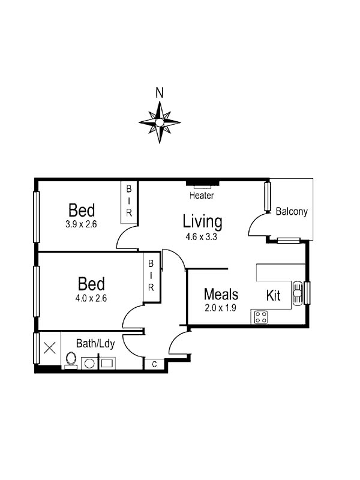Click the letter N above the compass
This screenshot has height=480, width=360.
click(160, 92)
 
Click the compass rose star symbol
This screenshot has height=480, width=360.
click(160, 122)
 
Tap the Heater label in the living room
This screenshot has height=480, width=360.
click(202, 196)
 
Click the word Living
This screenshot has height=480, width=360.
click(202, 221)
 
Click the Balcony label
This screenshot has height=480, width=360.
click(292, 211)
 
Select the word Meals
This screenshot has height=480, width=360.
click(221, 295)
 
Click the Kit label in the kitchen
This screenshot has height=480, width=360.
click(274, 295)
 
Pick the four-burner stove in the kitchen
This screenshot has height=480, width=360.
click(260, 317)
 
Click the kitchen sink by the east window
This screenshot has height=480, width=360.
click(298, 292)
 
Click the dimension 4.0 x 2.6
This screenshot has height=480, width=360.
click(91, 297)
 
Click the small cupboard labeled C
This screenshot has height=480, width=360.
click(154, 364)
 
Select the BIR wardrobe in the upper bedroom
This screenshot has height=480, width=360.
click(129, 203)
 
